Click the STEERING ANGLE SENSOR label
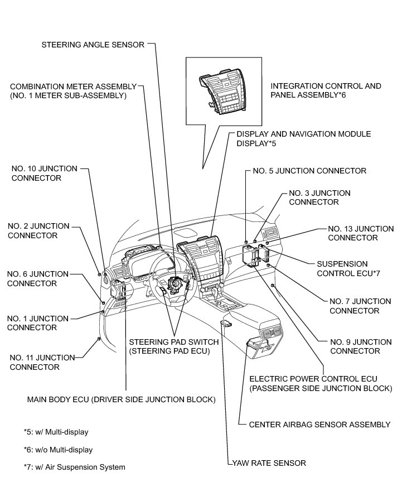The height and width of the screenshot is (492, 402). point(93,44)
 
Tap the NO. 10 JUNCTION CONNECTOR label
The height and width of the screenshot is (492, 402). point(45,173)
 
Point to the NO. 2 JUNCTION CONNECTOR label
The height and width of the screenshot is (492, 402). point(38,230)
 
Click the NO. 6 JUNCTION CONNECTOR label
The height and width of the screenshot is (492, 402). point(37,278)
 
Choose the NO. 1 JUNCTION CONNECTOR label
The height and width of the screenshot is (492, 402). point(38,322)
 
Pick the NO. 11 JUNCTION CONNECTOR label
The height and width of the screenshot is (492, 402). point(42,362)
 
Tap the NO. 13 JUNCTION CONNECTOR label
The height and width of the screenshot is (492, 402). point(360,233)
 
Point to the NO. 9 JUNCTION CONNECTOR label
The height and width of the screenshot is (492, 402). point(360,346)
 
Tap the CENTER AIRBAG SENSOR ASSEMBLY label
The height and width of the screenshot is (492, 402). point(319,425)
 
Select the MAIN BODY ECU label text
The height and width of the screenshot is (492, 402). point(121,399)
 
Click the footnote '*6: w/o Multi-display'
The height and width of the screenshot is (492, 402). point(58,450)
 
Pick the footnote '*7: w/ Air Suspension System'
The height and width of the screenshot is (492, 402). point(74,467)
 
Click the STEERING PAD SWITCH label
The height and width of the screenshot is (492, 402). point(173,346)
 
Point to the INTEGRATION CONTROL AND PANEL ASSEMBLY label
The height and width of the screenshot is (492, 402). point(326,90)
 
